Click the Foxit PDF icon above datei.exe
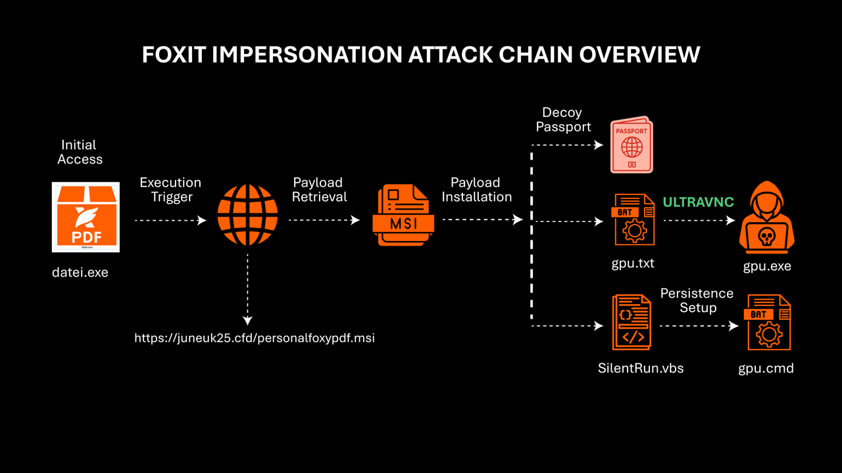coord(86,217)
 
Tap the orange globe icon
coord(247,215)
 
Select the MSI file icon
coord(403,216)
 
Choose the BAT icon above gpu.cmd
coord(766,323)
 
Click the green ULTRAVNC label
coord(698,202)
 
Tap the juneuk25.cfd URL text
coord(255,338)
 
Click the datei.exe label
coord(80,272)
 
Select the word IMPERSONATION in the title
coord(307,55)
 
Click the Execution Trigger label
coord(170,190)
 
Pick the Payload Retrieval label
coord(320,190)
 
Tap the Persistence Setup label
coord(697,300)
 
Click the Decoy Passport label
coord(563,120)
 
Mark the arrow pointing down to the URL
coord(247,289)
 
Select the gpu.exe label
coord(767,266)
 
